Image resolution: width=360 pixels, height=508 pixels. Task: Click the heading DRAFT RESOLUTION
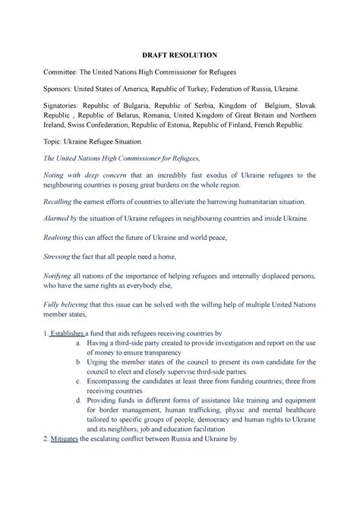click(179, 55)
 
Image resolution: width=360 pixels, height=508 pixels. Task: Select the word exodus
click(197, 176)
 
